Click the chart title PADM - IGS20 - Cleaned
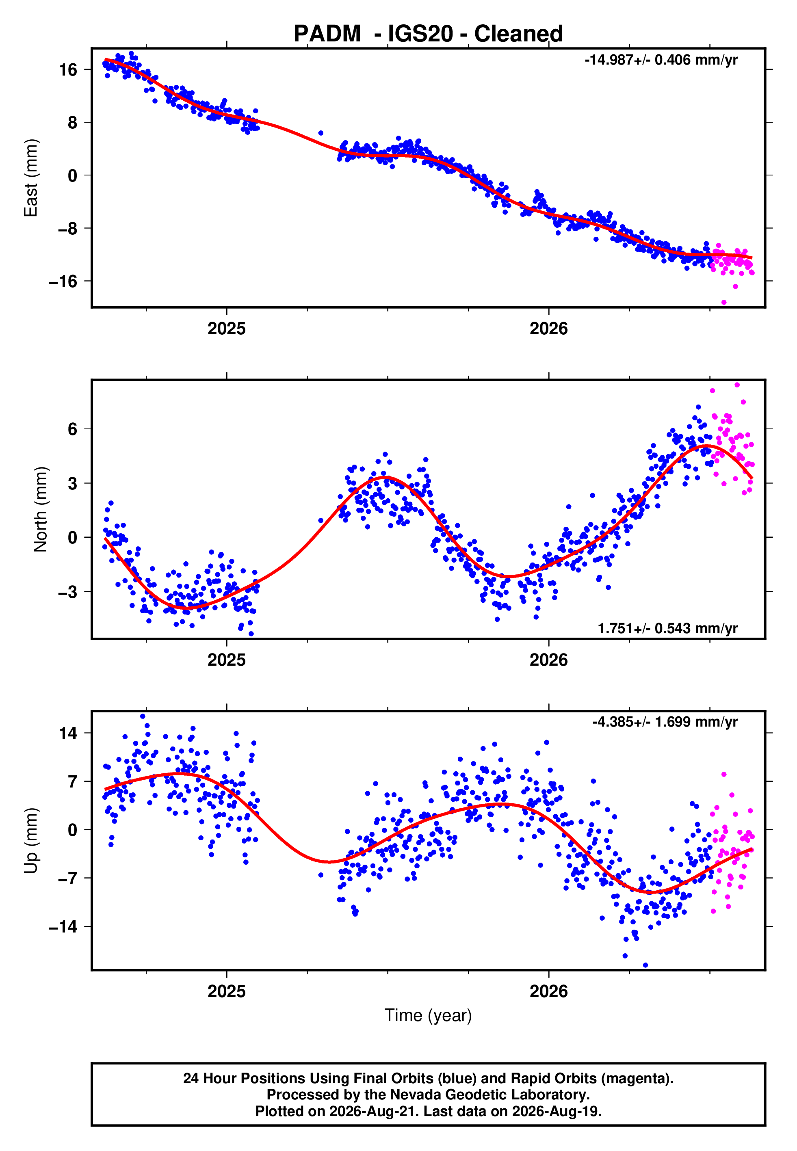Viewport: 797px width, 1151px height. (428, 34)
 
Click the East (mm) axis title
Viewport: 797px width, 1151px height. (31, 178)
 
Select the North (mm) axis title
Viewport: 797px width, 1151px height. (41, 509)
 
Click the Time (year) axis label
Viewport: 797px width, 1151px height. (428, 1015)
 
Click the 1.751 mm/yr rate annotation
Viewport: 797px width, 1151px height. (668, 628)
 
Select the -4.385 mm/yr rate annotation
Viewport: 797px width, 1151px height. (665, 722)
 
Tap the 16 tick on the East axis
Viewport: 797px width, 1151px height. (68, 69)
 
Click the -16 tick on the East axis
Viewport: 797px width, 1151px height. (63, 281)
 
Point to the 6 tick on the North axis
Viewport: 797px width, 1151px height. (73, 429)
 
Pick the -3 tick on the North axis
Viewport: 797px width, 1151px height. (68, 592)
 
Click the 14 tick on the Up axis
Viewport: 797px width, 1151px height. (68, 733)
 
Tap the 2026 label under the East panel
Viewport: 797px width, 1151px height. (549, 329)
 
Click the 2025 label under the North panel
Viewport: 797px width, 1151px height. (227, 660)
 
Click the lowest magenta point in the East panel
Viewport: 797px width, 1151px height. (724, 303)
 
